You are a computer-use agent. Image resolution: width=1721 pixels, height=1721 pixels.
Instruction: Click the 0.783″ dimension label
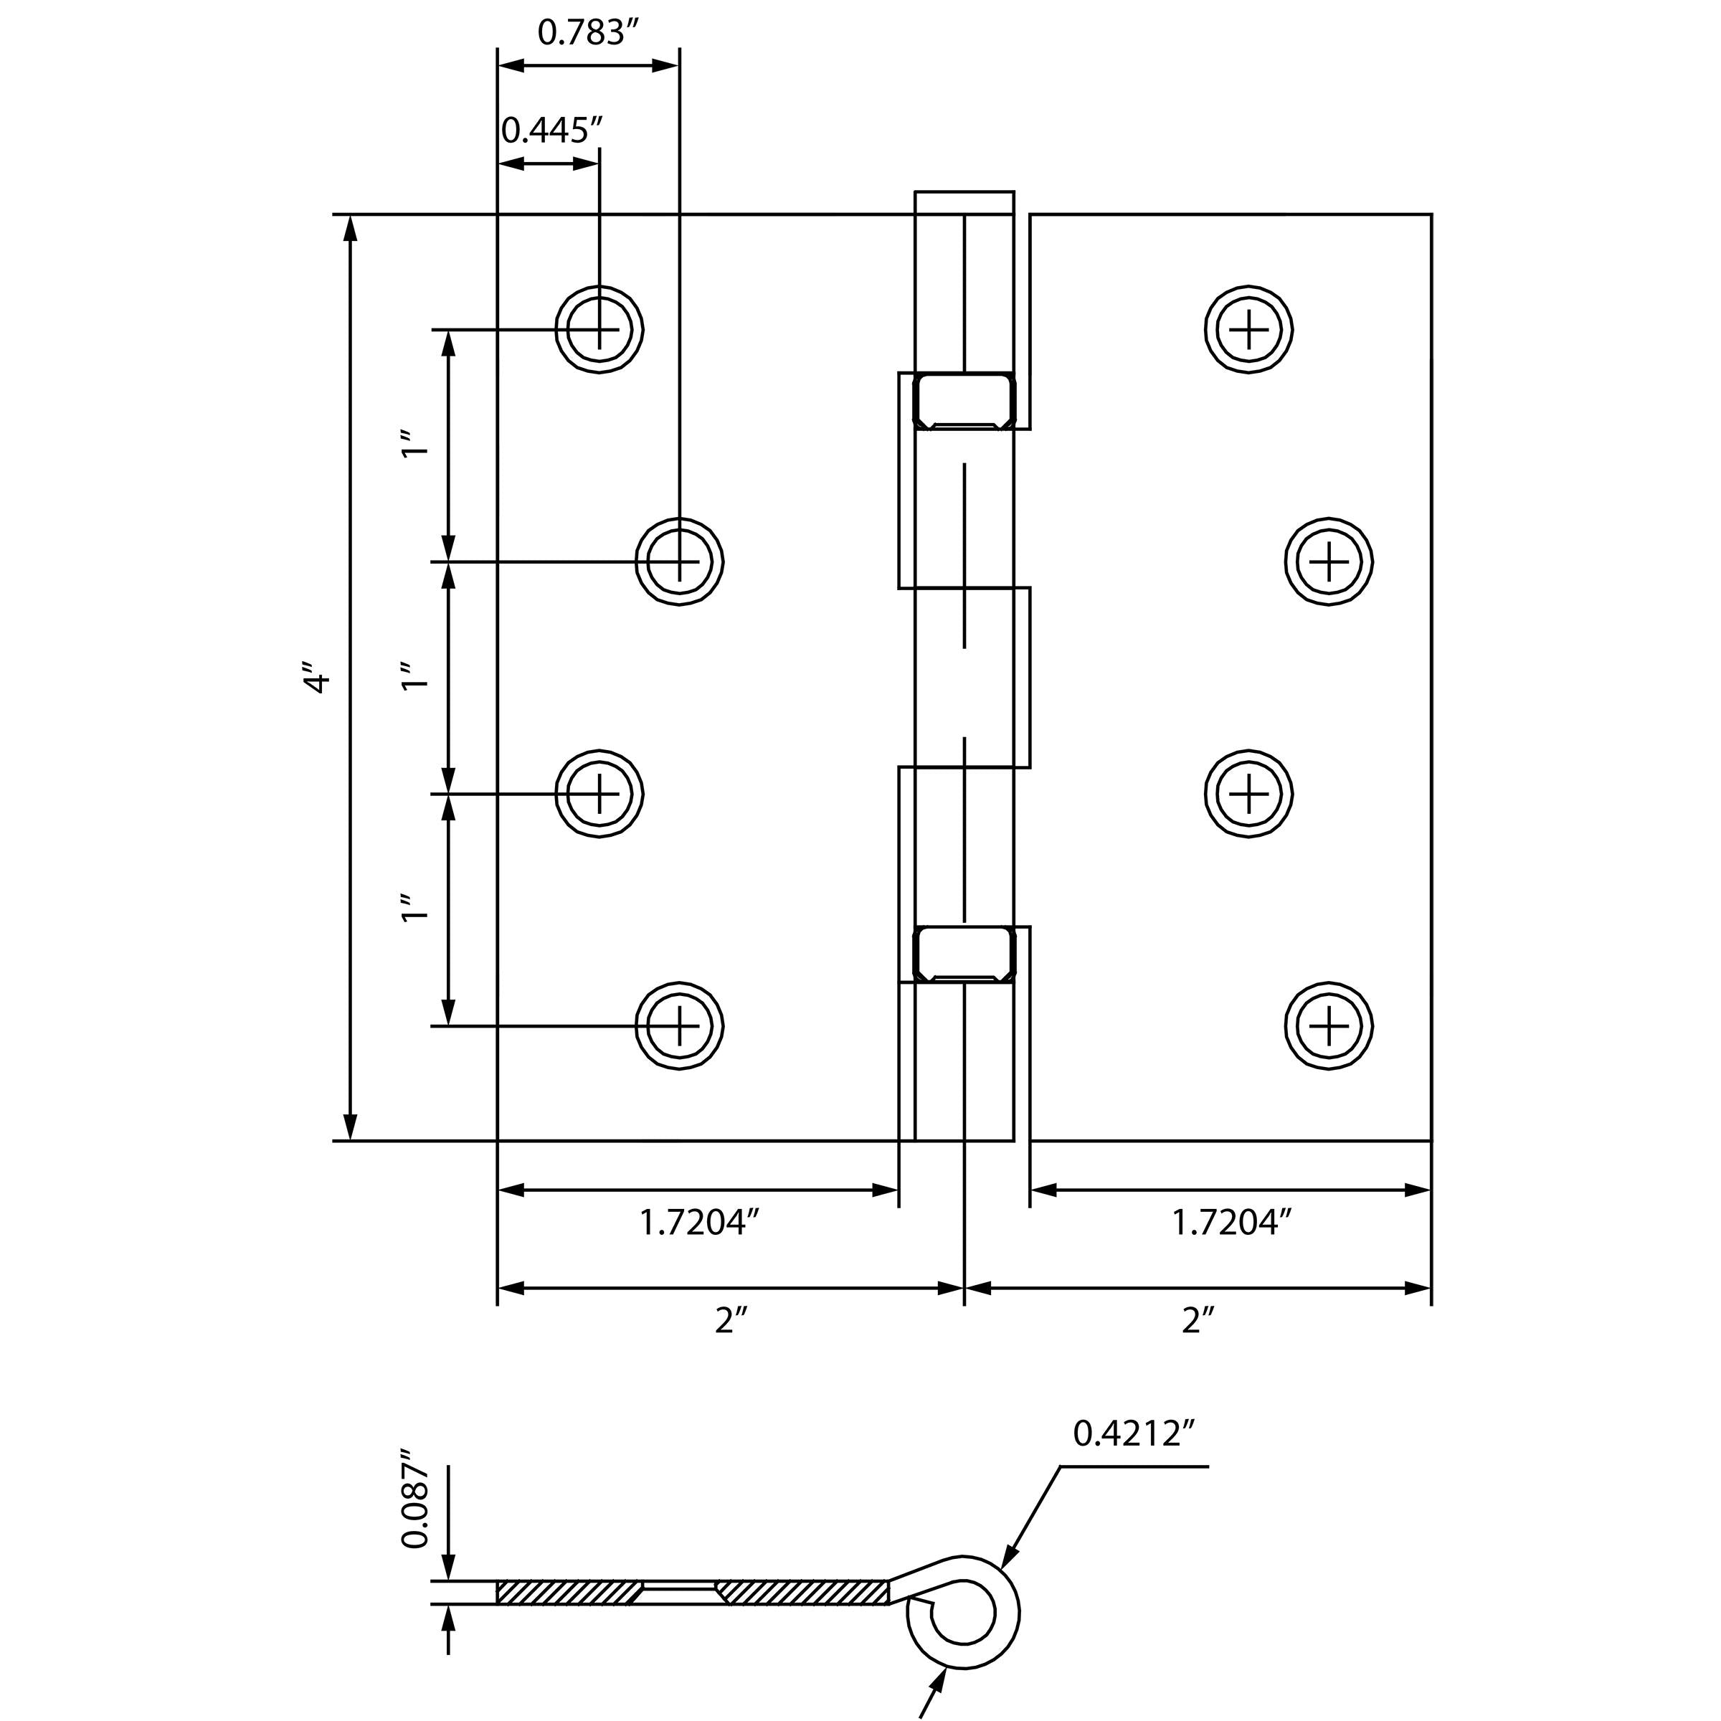pyautogui.click(x=589, y=33)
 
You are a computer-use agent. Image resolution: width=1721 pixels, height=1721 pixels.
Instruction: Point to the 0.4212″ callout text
pyautogui.click(x=1133, y=1434)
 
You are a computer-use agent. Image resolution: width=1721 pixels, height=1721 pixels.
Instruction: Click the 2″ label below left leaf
pyautogui.click(x=729, y=1321)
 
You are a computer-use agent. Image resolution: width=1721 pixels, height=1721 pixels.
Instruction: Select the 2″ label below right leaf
pyautogui.click(x=1198, y=1321)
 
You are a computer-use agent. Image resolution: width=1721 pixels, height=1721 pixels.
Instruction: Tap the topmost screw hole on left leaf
pyautogui.click(x=599, y=330)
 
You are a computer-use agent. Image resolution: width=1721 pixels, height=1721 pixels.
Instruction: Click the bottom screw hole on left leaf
pyautogui.click(x=679, y=1026)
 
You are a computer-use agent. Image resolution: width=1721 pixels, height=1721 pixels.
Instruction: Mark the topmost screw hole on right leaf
pyautogui.click(x=1249, y=330)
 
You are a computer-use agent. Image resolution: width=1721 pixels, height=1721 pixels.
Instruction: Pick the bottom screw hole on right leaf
pyautogui.click(x=1328, y=1026)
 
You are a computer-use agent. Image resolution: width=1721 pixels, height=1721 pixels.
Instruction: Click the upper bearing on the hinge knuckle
pyautogui.click(x=964, y=401)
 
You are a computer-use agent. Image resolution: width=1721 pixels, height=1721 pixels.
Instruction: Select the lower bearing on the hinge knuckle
pyautogui.click(x=964, y=954)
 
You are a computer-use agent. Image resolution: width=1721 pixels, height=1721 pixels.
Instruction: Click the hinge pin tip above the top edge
pyautogui.click(x=964, y=202)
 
